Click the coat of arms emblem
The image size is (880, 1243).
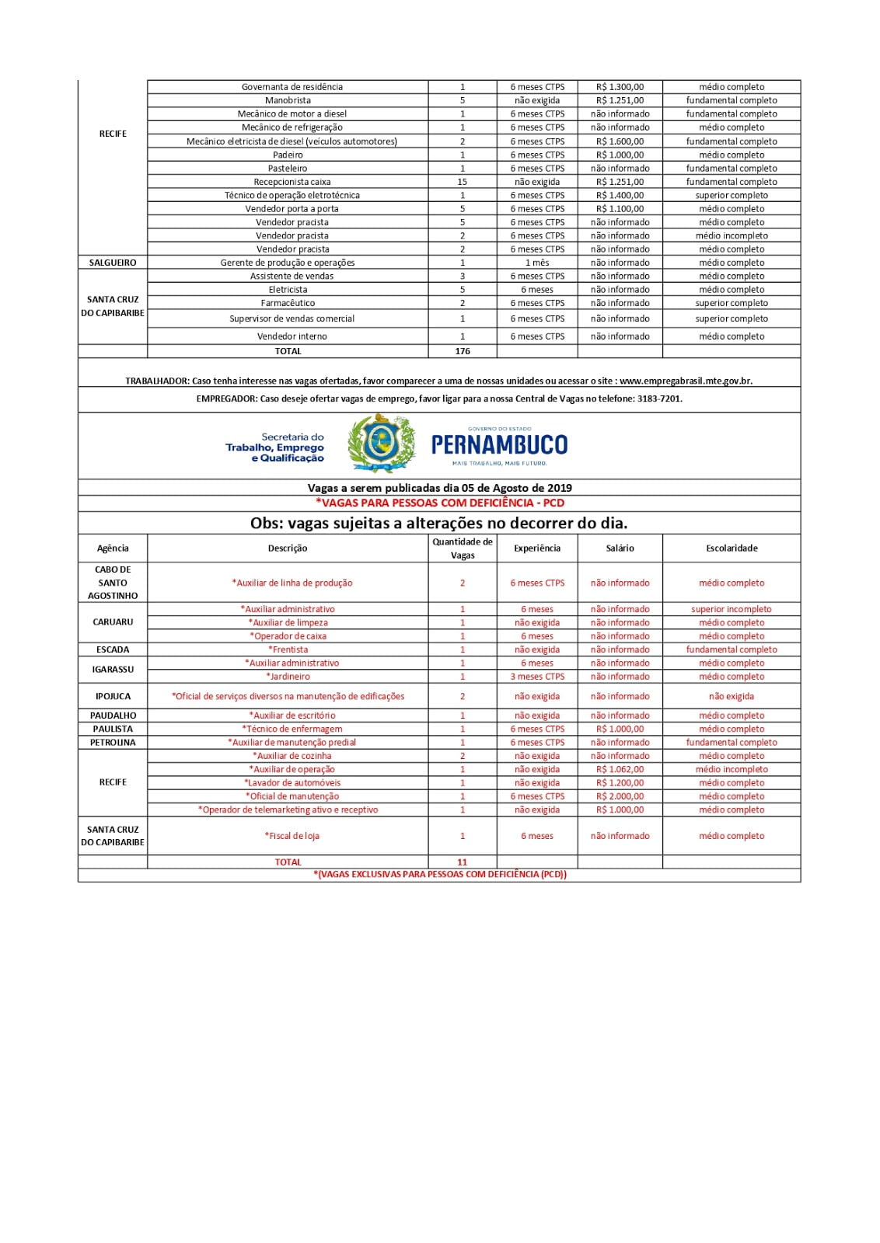[x=381, y=444]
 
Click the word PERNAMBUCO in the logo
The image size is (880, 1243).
[x=499, y=444]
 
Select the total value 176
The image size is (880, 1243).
[x=463, y=351]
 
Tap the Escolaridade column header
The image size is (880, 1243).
[x=732, y=548]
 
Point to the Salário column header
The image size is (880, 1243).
[x=620, y=548]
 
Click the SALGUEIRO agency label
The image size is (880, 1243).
[x=113, y=263]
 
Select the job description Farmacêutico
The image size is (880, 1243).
[x=288, y=303]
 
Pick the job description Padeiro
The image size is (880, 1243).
[x=288, y=155]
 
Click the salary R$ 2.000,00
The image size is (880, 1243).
[x=620, y=796]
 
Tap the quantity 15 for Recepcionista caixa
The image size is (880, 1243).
[x=463, y=182]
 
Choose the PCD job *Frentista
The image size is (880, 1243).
[x=288, y=649]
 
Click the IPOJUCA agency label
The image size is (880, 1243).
[x=113, y=696]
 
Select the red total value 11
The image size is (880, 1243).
[x=463, y=862]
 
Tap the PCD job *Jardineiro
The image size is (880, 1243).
[x=288, y=677]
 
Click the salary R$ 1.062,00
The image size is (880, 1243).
[x=620, y=769]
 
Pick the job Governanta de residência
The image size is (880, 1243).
[x=292, y=87]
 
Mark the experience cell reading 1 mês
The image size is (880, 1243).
[x=537, y=263]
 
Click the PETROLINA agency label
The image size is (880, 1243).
[x=113, y=743]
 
